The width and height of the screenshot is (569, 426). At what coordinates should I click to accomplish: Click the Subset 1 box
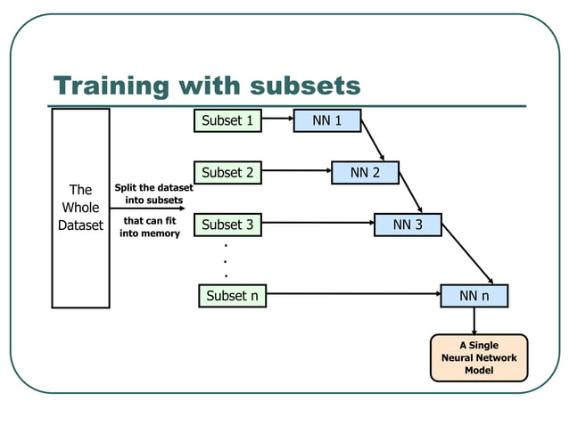[227, 120]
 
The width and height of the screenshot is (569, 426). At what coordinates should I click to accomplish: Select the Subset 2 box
[227, 172]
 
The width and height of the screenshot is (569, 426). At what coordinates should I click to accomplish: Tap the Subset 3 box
[227, 225]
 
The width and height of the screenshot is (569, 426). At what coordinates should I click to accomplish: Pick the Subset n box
[231, 296]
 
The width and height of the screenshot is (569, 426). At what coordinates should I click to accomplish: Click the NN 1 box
[327, 120]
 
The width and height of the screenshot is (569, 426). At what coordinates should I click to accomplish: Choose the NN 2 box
[365, 172]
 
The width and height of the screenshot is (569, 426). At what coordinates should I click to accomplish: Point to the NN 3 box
[408, 225]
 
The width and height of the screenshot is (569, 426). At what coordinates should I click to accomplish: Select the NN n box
[474, 296]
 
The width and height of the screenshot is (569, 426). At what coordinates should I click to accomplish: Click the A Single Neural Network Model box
[479, 357]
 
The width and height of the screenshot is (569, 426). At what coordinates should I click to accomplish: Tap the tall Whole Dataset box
[80, 208]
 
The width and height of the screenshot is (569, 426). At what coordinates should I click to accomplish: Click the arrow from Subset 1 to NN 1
[277, 119]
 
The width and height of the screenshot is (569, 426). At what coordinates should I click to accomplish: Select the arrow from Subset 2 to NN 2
[296, 171]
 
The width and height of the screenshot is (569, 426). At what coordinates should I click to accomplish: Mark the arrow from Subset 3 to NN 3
[317, 224]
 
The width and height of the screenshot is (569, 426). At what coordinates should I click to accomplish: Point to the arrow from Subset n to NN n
[353, 295]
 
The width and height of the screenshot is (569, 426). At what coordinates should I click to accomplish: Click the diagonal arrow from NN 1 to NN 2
[373, 140]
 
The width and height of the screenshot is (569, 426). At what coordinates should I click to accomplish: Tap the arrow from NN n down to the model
[474, 321]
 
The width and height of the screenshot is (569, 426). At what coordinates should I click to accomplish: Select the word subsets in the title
[305, 86]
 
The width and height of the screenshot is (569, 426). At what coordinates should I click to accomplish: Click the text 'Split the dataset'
[153, 188]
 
